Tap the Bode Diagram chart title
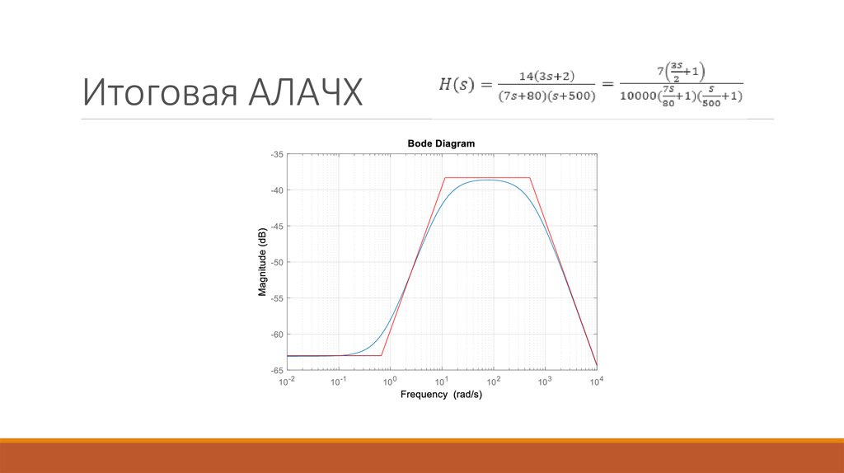point(441,143)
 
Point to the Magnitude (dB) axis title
point(262,260)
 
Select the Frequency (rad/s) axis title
point(441,395)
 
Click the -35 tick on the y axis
point(277,154)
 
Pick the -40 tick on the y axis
point(277,190)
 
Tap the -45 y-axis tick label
point(277,226)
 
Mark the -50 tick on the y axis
point(277,262)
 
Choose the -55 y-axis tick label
point(277,298)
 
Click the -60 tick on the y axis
point(277,334)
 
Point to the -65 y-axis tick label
point(277,370)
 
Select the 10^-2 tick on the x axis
point(287,382)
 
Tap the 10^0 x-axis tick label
point(391,382)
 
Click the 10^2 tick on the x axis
point(493,382)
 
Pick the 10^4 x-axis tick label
point(596,382)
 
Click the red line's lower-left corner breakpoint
point(382,355)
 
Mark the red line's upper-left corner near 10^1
point(444,177)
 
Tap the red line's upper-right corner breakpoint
point(530,177)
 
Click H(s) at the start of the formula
point(455,84)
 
